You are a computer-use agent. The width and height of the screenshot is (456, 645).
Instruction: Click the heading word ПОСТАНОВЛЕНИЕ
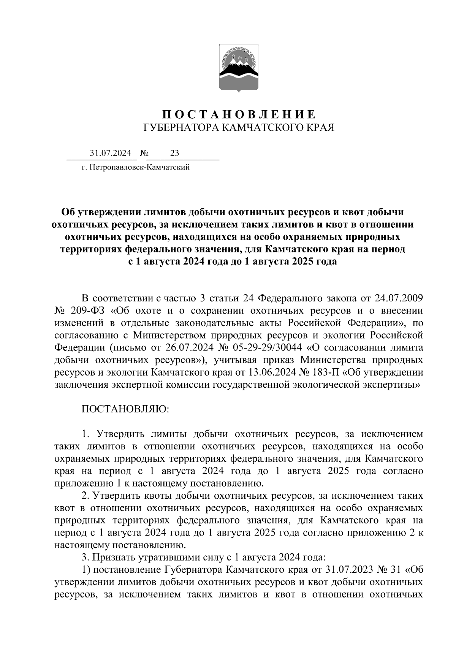tap(239, 114)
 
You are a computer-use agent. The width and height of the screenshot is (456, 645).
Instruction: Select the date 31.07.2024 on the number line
tap(110, 153)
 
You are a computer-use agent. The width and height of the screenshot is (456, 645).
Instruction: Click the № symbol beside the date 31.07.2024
tap(144, 153)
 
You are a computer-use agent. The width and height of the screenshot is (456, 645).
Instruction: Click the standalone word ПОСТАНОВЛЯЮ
tap(125, 409)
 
